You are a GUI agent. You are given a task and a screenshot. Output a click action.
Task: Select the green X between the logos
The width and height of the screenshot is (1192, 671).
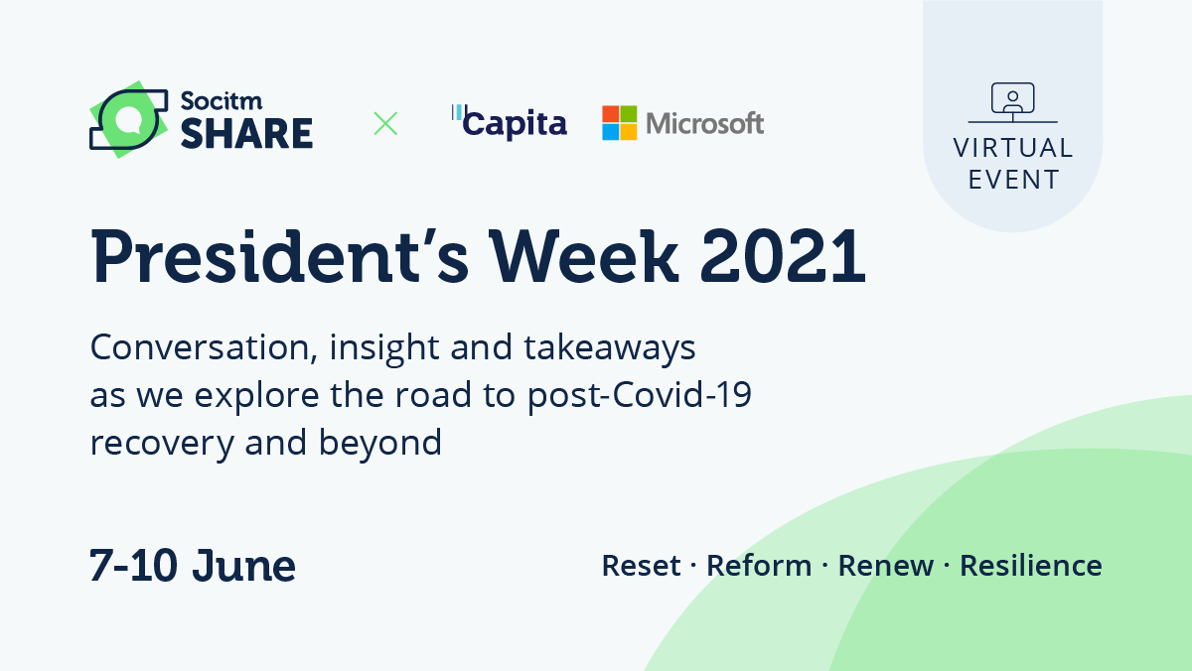tap(385, 123)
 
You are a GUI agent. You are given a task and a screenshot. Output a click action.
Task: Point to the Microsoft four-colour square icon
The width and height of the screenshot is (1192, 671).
tap(619, 123)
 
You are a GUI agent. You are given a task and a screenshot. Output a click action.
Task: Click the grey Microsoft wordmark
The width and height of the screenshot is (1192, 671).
tap(704, 123)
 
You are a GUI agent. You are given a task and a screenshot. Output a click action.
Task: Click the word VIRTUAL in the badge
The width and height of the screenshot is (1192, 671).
tap(1013, 148)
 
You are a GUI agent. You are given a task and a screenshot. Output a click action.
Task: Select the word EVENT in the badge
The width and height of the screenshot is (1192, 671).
tap(1013, 180)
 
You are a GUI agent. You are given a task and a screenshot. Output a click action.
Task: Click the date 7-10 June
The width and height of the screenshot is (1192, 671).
tap(193, 565)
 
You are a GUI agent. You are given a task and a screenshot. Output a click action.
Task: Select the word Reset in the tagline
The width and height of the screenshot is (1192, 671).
tap(641, 566)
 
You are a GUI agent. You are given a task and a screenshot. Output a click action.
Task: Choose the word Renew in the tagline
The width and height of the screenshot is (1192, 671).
tap(886, 566)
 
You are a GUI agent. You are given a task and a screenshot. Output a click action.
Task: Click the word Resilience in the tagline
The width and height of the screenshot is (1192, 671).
tap(1030, 566)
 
